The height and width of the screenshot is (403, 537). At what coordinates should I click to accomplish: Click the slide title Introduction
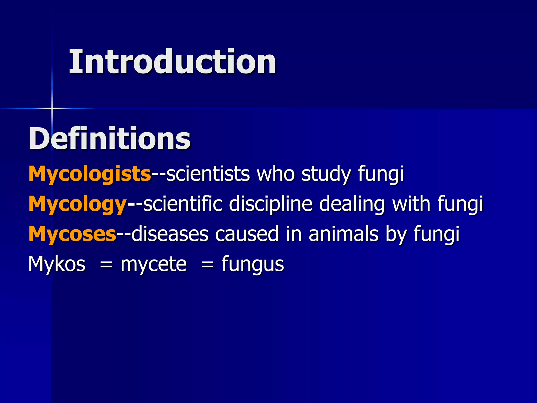[172, 62]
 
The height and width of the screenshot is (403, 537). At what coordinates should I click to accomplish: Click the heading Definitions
[110, 138]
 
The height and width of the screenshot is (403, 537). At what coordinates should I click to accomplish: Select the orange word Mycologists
[90, 174]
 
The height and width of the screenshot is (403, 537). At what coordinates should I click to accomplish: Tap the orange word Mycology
[78, 204]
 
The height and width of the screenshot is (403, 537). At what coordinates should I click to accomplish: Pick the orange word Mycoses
[72, 234]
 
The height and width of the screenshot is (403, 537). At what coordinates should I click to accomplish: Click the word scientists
[208, 174]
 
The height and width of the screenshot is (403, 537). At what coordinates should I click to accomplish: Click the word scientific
[183, 204]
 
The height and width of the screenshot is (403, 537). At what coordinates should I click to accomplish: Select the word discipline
[271, 204]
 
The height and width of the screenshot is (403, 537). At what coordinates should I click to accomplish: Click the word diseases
[170, 234]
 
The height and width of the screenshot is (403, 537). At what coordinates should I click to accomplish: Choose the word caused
[246, 234]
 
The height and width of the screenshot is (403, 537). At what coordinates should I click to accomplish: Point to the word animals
[343, 234]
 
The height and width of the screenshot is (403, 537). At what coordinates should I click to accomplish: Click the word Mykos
[57, 264]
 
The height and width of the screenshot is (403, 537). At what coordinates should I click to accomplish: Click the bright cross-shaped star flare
[52, 108]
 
